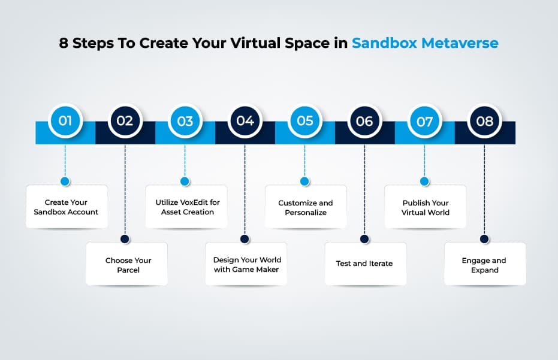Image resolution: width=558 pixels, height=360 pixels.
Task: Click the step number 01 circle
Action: point(65,121)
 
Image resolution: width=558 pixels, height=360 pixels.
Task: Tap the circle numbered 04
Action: point(245,121)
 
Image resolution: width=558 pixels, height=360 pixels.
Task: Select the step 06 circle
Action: point(364,121)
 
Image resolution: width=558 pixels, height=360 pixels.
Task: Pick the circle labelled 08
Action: point(484,121)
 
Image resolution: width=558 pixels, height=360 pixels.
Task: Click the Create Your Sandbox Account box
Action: point(66,207)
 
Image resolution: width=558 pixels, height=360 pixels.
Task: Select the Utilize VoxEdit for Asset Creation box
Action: point(187,207)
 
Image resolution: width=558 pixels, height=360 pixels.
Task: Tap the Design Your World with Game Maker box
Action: point(247,265)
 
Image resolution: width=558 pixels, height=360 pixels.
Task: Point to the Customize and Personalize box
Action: point(306,207)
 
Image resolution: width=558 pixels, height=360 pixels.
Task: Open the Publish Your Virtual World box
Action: point(426,207)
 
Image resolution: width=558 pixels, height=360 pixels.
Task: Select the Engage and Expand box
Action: point(484,265)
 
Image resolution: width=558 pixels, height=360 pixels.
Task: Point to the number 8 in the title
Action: point(64,44)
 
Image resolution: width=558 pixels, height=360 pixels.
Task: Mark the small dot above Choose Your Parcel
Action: point(125,238)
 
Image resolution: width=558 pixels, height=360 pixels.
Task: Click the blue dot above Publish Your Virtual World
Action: point(424,181)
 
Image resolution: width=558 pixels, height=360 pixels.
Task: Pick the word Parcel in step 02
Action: point(128,270)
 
